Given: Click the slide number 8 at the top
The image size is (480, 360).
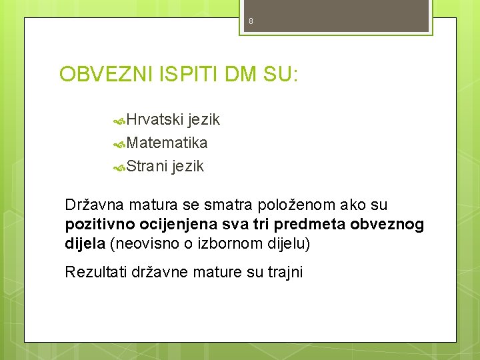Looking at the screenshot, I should coord(251,21).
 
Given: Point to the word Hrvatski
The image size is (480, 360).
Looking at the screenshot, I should coord(155,120).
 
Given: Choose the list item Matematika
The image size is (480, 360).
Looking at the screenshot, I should coord(167,143).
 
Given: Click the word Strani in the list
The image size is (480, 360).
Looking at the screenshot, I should coord(147,167).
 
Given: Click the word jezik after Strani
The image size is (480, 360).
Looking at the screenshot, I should coord(187,167).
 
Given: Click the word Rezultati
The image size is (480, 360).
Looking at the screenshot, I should coord(94,271).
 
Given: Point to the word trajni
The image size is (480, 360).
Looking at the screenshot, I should coord(283,271).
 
